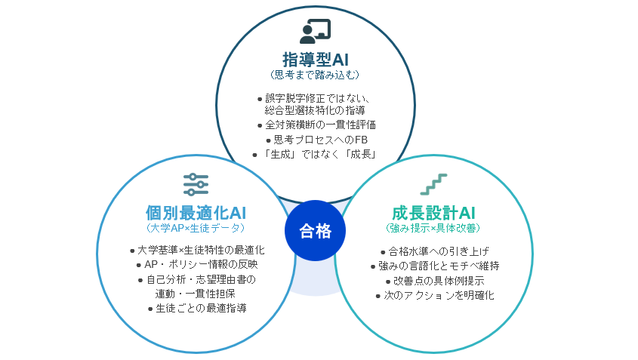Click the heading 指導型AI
click(315, 59)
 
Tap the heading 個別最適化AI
click(196, 212)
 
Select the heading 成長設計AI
click(433, 212)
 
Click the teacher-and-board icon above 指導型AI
click(315, 30)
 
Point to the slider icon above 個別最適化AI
click(196, 183)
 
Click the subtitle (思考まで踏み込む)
click(315, 75)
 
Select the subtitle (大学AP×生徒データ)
click(196, 227)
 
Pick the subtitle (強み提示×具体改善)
click(433, 227)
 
